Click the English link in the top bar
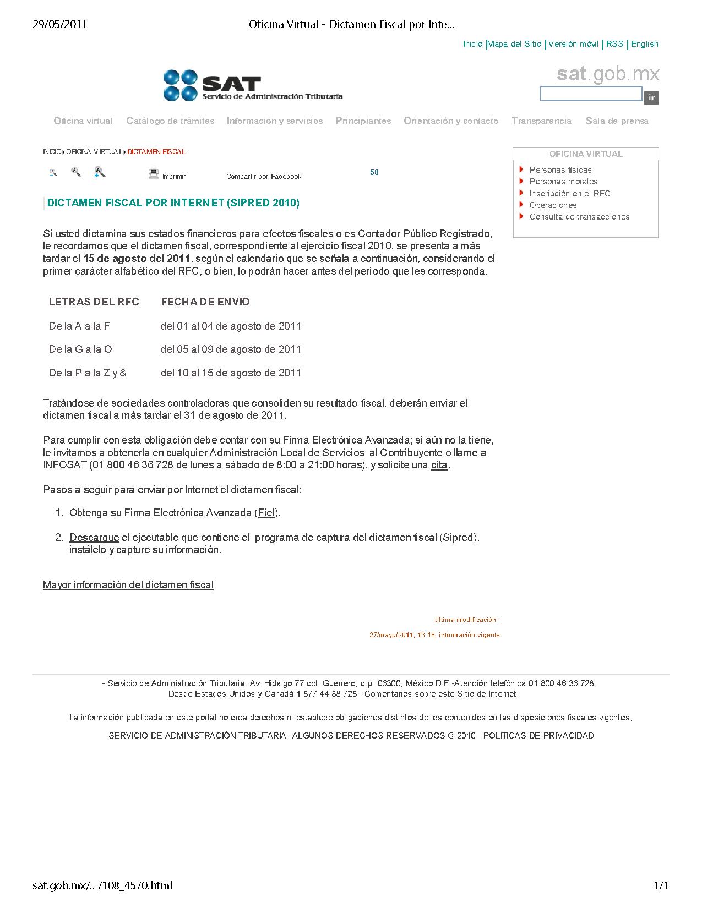click(644, 44)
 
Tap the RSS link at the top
click(614, 44)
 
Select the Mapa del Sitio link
click(515, 44)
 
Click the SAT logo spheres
click(180, 85)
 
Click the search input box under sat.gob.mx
click(591, 94)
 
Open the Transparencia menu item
click(541, 121)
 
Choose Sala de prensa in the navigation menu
click(617, 121)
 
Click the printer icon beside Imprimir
click(154, 173)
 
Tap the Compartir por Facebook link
click(264, 177)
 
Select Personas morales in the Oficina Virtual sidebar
click(563, 182)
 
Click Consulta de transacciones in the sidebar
click(579, 217)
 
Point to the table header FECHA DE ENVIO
click(205, 302)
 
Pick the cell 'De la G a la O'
click(80, 349)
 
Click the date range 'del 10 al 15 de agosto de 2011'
click(231, 373)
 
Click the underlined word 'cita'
click(439, 465)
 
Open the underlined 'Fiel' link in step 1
click(266, 513)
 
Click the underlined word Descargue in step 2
click(94, 538)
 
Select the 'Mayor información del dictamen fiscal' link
click(128, 585)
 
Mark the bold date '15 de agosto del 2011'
click(137, 259)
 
